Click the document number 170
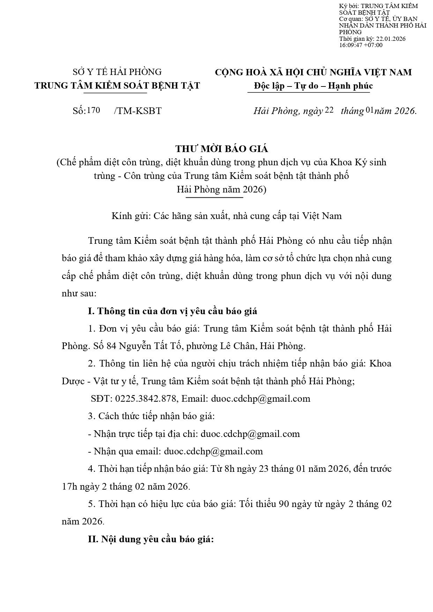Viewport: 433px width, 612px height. (x=94, y=110)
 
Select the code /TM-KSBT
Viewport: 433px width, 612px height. (x=137, y=111)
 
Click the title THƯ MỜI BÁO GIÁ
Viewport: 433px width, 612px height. (x=222, y=149)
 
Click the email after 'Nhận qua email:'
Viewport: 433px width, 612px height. (x=213, y=451)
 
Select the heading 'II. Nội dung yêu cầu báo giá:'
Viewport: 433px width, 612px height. (x=151, y=539)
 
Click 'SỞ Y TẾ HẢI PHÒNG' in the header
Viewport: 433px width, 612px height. (x=117, y=72)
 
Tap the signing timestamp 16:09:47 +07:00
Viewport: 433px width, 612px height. (x=361, y=45)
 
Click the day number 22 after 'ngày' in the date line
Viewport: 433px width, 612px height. (x=329, y=110)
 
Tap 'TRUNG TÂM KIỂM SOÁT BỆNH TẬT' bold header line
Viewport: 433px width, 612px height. (x=117, y=86)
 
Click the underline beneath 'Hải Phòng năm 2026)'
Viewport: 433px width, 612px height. (x=214, y=198)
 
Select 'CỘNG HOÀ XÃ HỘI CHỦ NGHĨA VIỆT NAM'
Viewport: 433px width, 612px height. (x=313, y=72)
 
